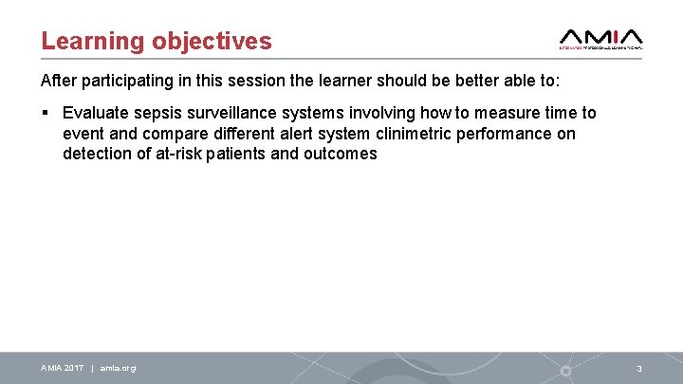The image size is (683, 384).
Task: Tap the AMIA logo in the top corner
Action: tap(601, 37)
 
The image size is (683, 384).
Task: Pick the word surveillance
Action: tap(239, 114)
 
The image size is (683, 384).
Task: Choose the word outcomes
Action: tap(340, 154)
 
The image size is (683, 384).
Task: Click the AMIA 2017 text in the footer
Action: tap(62, 368)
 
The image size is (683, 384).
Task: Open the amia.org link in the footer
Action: tap(118, 368)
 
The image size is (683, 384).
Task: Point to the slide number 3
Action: tap(639, 368)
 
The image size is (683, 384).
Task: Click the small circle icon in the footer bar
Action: tap(565, 369)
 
